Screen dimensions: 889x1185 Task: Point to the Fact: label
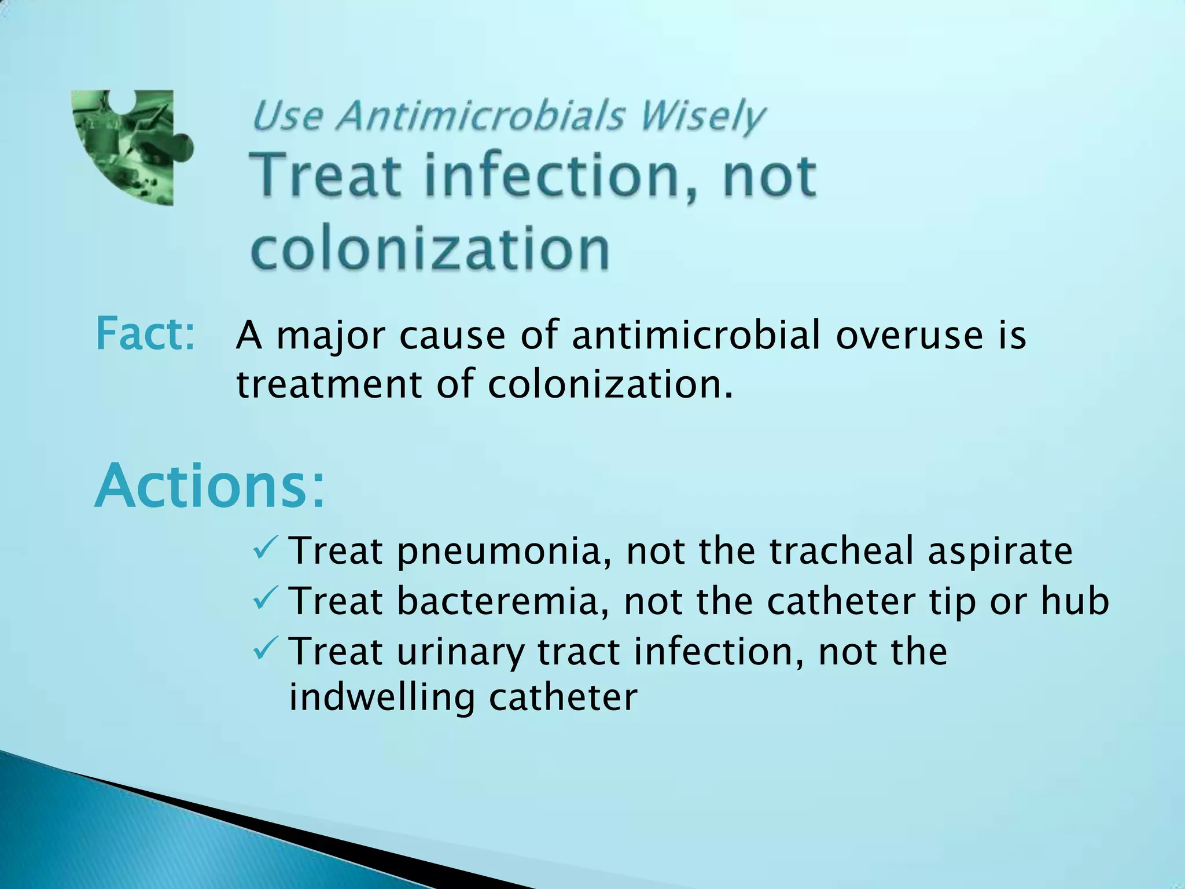click(x=145, y=335)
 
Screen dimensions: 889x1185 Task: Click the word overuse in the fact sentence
click(x=909, y=335)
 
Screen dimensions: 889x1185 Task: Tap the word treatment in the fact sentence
click(x=329, y=384)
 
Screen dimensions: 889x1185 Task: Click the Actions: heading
click(x=209, y=486)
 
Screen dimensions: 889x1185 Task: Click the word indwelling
click(x=381, y=697)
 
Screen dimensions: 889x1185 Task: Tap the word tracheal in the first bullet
click(x=841, y=550)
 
